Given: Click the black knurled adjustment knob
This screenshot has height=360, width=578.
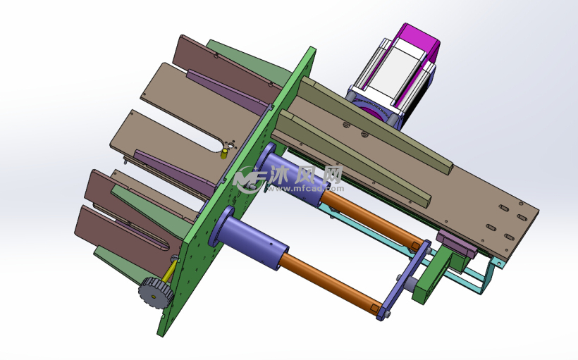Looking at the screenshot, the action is click(156, 292).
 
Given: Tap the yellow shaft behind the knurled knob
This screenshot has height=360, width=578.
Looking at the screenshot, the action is click(169, 271).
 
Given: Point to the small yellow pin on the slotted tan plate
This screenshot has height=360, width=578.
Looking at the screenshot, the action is click(223, 154).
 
